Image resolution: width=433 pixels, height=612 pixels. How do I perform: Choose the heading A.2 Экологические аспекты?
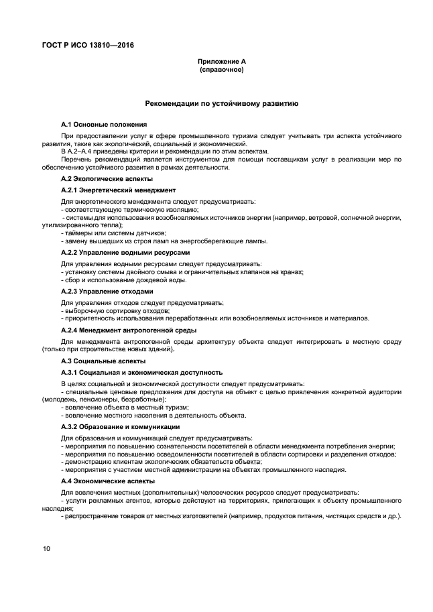(x=107, y=179)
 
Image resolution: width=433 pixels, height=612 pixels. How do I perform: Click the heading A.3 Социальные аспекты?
(x=103, y=361)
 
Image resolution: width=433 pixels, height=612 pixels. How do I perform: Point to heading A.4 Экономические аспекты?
(x=107, y=481)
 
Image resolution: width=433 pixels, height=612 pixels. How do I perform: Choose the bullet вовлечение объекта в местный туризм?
(x=125, y=407)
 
